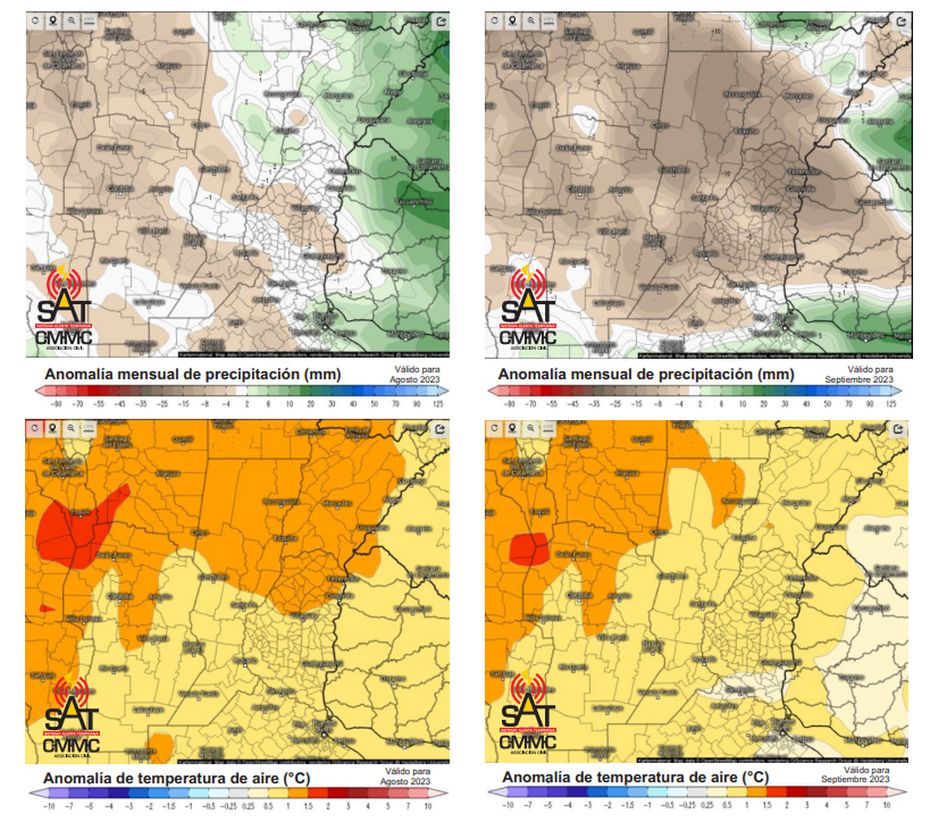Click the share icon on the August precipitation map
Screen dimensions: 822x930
click(x=441, y=21)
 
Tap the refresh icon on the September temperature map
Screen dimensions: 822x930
click(x=495, y=428)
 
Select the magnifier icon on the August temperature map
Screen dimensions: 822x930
click(x=71, y=428)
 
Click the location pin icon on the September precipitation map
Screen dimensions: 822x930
click(x=513, y=21)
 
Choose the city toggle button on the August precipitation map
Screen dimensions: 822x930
click(x=89, y=21)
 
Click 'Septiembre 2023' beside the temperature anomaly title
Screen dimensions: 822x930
click(x=856, y=779)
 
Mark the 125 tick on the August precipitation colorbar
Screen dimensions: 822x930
click(x=438, y=404)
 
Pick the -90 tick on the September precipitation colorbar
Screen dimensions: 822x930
click(x=509, y=404)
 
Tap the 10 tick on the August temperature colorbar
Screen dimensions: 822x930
click(x=428, y=806)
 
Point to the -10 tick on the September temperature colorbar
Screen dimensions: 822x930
click(x=509, y=806)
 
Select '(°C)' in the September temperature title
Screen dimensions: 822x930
click(x=755, y=777)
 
